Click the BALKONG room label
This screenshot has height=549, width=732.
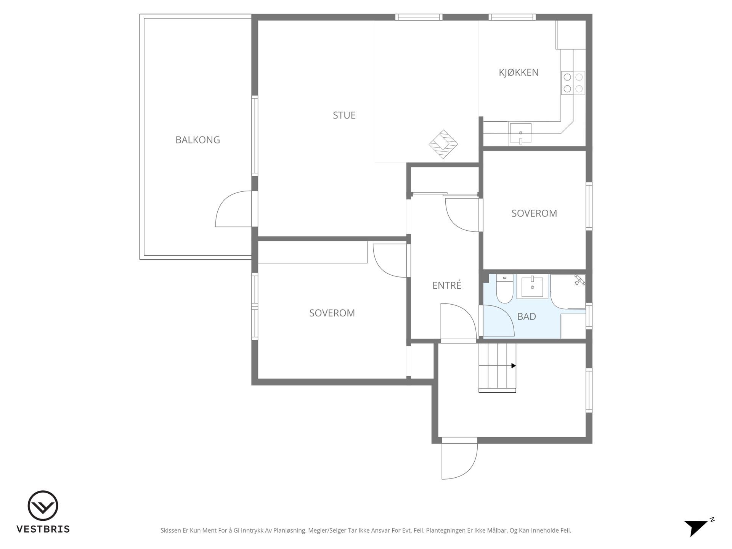197,140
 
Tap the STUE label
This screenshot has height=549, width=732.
344,115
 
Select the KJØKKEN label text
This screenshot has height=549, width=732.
518,72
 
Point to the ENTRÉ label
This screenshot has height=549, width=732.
447,285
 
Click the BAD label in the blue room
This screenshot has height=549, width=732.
527,316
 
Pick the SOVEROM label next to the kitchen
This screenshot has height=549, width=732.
534,213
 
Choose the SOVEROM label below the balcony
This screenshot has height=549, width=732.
332,313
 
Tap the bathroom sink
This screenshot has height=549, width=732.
532,287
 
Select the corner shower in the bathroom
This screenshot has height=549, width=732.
568,292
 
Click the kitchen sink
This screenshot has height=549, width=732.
520,133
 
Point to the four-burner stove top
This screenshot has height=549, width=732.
573,83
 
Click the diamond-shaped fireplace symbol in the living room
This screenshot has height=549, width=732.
443,144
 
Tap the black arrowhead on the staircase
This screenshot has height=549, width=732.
514,366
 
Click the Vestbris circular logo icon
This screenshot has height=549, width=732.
43,506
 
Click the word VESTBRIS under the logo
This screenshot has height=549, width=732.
43,529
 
